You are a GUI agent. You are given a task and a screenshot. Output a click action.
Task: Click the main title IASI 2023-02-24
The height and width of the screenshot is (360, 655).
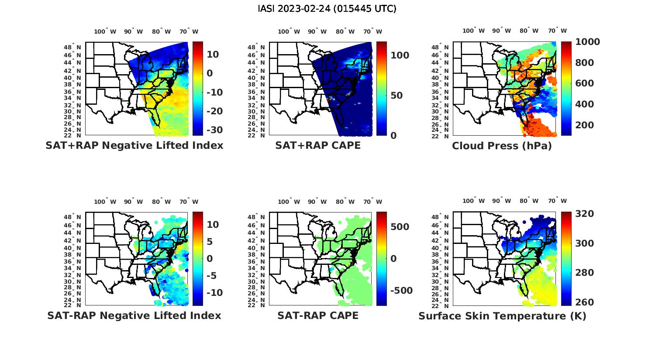coord(327,9)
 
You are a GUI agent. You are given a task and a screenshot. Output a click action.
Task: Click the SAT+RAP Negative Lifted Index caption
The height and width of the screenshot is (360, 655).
coord(134,145)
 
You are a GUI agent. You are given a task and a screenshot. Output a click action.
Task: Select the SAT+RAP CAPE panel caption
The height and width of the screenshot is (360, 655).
coord(318,145)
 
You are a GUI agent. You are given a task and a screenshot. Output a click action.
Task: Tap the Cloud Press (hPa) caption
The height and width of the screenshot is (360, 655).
coord(502,146)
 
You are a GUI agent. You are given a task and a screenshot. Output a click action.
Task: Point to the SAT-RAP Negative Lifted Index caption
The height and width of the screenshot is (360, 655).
coord(134,315)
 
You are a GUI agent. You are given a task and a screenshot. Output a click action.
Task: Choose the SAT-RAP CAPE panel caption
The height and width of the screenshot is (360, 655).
coord(318,315)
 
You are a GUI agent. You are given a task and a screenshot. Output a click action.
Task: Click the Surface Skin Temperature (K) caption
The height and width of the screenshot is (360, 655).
coord(502,316)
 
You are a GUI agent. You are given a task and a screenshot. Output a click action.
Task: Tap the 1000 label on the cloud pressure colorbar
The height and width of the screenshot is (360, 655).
coord(587,42)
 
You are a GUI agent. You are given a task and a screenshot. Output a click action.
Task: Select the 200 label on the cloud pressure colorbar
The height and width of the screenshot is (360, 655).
coord(585,125)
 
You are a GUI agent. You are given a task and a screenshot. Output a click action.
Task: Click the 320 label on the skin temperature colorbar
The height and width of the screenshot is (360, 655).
coord(585,214)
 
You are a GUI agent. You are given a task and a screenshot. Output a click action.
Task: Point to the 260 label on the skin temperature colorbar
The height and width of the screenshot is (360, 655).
coord(585,302)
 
